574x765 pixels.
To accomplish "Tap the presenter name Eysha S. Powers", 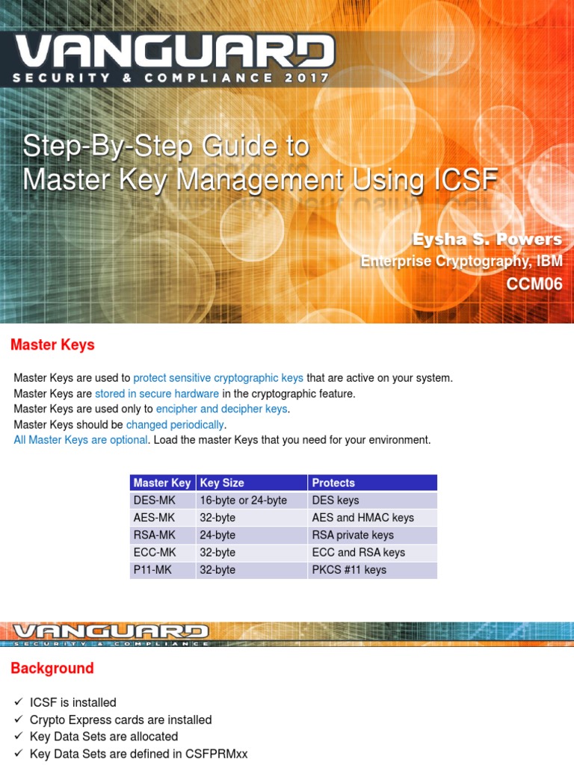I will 487,239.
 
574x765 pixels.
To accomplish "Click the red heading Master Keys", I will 52,345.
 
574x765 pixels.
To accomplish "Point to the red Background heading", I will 52,668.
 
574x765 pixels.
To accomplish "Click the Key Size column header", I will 222,483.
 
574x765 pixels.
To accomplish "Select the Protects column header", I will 333,483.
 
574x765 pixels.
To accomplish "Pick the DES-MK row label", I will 154,500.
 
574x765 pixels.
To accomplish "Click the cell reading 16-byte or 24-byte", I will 243,500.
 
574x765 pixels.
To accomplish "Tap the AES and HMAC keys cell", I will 362,517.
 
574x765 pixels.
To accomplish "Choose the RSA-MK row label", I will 154,535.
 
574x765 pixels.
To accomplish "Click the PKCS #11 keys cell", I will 349,569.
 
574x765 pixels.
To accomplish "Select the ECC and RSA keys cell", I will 358,552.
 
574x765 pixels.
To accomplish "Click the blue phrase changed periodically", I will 176,424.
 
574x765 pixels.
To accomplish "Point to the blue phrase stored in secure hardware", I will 157,394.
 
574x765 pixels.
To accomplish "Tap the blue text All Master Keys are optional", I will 81,440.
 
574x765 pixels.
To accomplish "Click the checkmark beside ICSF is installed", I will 19,702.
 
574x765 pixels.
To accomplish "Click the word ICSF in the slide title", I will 464,180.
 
